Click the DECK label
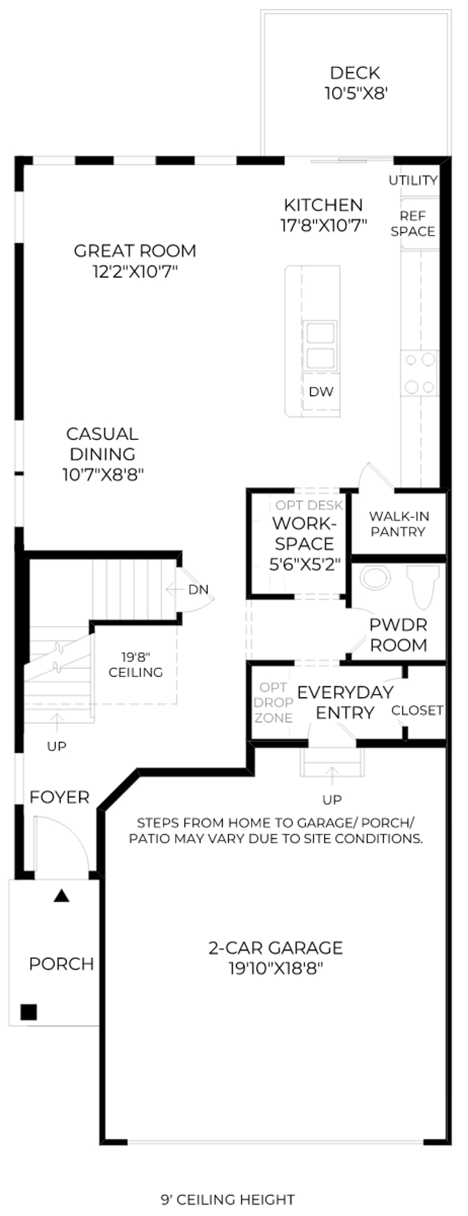(355, 72)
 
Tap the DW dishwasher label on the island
(321, 392)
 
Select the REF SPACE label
(413, 224)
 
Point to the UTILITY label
(413, 180)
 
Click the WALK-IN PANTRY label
(399, 524)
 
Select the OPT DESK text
(309, 505)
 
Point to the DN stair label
(198, 590)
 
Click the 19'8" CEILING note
(136, 665)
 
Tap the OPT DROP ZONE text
(273, 703)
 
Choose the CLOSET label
(417, 710)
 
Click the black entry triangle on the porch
(62, 896)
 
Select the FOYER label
(59, 797)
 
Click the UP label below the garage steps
(332, 799)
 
